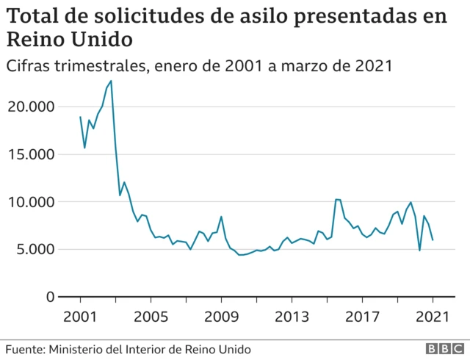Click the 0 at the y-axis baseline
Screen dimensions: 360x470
[x=50, y=297]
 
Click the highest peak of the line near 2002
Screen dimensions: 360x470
[x=111, y=81]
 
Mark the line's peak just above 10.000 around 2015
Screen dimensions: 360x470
[x=336, y=199]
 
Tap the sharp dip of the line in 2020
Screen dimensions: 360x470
[x=419, y=251]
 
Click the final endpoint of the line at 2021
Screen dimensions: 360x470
[x=433, y=240]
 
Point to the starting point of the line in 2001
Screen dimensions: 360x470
[x=80, y=117]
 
